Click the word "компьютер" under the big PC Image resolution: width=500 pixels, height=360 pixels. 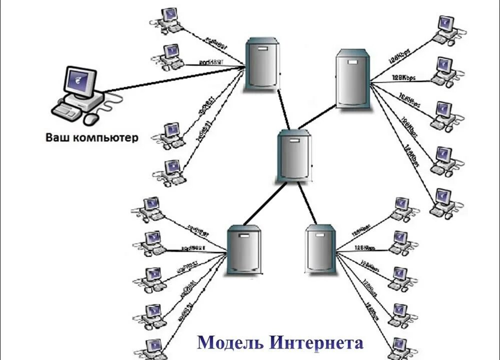point(105,137)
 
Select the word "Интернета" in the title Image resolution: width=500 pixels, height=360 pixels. point(316,343)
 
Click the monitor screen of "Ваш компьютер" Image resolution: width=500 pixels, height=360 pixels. point(80,81)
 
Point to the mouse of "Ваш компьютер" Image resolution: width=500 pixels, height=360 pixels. point(91,119)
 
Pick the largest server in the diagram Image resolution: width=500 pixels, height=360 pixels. point(353,78)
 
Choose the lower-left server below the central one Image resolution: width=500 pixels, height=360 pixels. point(244,249)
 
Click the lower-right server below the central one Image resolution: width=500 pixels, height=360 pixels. point(320,249)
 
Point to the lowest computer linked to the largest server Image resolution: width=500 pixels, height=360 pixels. point(443,203)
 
